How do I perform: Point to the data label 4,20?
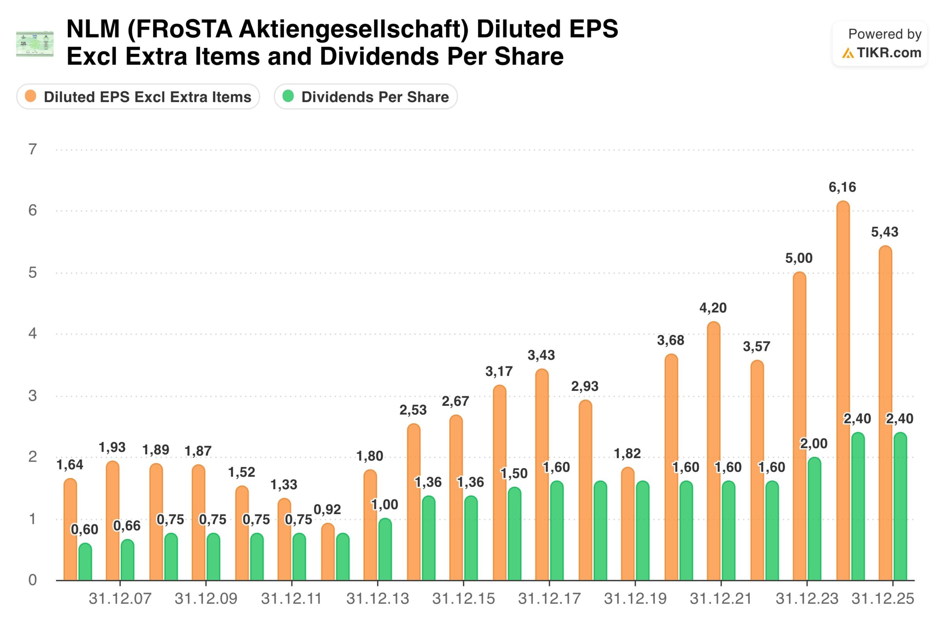tap(713, 308)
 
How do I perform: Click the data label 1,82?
tap(627, 453)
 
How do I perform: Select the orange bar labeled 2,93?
tap(585, 490)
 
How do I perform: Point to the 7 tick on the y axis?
tap(33, 150)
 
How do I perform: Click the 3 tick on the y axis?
tap(33, 396)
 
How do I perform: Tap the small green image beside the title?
tap(35, 43)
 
